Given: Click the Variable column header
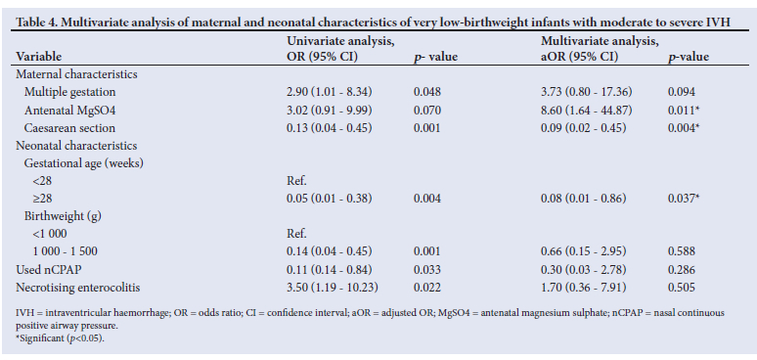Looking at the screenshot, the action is [x=39, y=57].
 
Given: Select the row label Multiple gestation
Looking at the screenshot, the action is [x=70, y=92].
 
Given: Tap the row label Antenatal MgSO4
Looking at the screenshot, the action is [x=70, y=110].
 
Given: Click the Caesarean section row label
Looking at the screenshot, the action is [x=70, y=128].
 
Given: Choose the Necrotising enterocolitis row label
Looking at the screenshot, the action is [x=78, y=288].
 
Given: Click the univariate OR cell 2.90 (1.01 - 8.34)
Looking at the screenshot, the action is [x=330, y=92].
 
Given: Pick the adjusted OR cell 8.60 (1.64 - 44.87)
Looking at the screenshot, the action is [x=587, y=110].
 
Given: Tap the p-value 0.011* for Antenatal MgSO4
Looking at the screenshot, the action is [x=684, y=110].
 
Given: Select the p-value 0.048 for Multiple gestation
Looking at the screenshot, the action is [x=427, y=92].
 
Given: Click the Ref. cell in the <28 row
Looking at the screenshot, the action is [x=296, y=181].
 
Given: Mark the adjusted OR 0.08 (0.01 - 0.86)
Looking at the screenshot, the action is [x=583, y=199].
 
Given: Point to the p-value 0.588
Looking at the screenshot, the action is [x=682, y=251].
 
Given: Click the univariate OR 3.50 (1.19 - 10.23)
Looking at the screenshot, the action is [x=333, y=288].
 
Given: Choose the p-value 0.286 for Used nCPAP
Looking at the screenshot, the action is [x=682, y=270].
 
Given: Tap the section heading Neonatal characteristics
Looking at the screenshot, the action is [x=76, y=145].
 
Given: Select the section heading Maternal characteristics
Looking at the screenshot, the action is [x=76, y=74].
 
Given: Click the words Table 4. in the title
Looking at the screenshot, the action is [x=35, y=22].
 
